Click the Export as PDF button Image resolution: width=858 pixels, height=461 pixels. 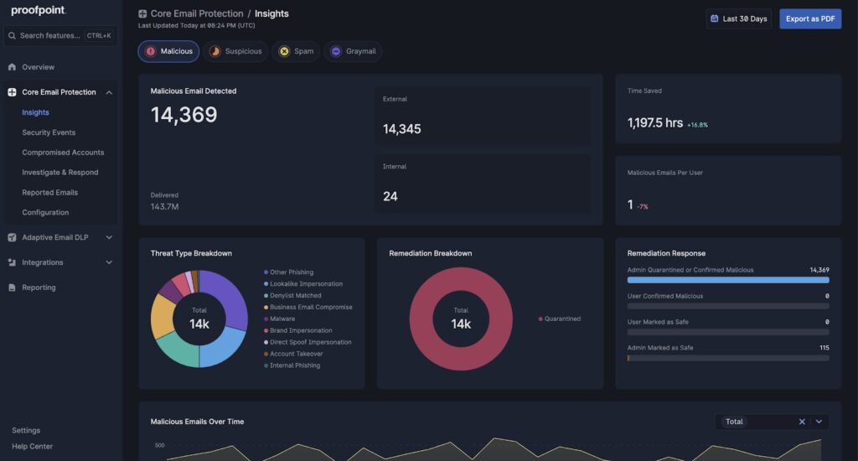click(x=809, y=18)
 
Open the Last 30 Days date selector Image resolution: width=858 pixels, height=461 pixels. click(x=738, y=18)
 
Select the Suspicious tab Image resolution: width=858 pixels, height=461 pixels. click(x=236, y=51)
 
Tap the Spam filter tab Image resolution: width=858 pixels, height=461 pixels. click(x=297, y=51)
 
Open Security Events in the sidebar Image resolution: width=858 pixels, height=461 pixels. click(x=49, y=132)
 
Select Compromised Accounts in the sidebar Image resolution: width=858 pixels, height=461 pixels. click(x=63, y=153)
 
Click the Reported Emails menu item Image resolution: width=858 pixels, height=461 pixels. click(x=49, y=193)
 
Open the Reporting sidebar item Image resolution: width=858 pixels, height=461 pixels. click(x=39, y=287)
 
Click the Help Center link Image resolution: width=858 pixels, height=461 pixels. click(x=32, y=447)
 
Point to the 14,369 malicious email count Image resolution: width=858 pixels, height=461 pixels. click(x=183, y=115)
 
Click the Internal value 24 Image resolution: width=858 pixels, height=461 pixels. click(x=390, y=196)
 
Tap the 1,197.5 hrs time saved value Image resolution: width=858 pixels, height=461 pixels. click(x=655, y=123)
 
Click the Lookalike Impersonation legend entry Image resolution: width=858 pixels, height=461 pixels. click(x=306, y=284)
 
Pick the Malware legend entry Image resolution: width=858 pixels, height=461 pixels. click(x=282, y=319)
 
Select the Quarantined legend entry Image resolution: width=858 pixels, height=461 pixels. click(x=562, y=319)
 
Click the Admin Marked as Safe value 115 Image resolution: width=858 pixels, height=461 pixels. click(x=824, y=347)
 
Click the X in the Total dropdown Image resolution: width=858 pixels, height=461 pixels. click(x=802, y=422)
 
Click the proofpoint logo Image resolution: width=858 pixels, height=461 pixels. click(x=39, y=11)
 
